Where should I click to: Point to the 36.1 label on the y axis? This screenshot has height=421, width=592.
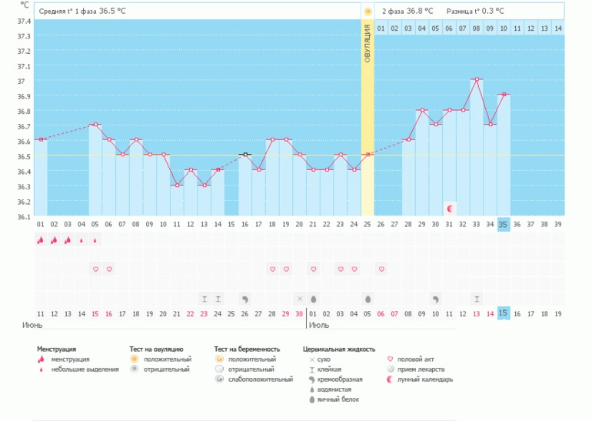click(24, 217)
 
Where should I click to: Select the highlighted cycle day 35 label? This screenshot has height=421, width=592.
click(504, 225)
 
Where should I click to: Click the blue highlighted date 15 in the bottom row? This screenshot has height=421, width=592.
click(504, 313)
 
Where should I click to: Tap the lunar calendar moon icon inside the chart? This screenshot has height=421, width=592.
click(450, 208)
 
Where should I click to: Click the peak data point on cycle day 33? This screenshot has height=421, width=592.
click(477, 79)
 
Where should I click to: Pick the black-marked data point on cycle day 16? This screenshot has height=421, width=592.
click(244, 155)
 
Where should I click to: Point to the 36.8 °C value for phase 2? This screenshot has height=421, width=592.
click(420, 11)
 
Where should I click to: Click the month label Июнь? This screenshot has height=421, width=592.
click(32, 326)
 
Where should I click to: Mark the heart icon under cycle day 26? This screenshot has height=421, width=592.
click(381, 269)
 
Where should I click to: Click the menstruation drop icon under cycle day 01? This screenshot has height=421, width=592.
click(40, 240)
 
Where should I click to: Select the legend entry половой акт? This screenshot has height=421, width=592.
click(421, 359)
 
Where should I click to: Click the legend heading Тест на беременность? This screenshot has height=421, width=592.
click(247, 349)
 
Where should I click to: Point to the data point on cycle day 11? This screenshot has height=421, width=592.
click(177, 185)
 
